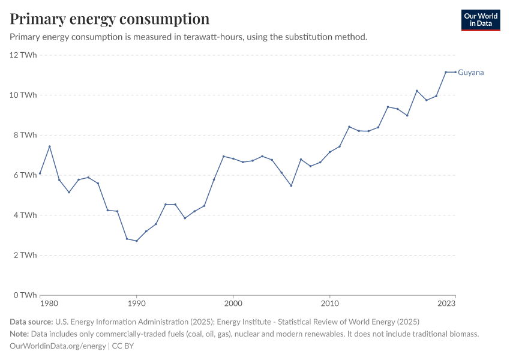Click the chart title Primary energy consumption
pyautogui.click(x=110, y=19)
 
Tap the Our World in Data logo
pyautogui.click(x=480, y=20)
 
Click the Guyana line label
pyautogui.click(x=470, y=73)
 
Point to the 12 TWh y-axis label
pyautogui.click(x=23, y=55)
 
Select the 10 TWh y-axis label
pyautogui.click(x=23, y=95)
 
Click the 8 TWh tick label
pyautogui.click(x=25, y=135)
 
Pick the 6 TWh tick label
pyautogui.click(x=25, y=175)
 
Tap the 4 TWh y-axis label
pyautogui.click(x=25, y=215)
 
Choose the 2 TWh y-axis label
pyautogui.click(x=25, y=255)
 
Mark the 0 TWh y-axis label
pyautogui.click(x=25, y=295)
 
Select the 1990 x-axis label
pyautogui.click(x=136, y=304)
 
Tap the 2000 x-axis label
pyautogui.click(x=233, y=304)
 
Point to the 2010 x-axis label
pyautogui.click(x=329, y=304)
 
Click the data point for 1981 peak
pyautogui.click(x=50, y=146)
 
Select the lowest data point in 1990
pyautogui.click(x=136, y=241)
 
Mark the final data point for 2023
pyautogui.click(x=455, y=72)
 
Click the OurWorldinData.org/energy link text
pyautogui.click(x=58, y=346)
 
